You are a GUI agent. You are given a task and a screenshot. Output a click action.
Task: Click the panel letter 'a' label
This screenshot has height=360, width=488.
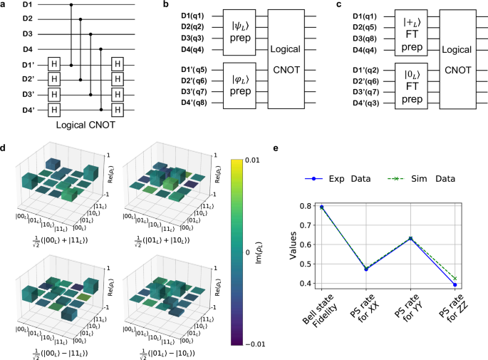click(x=4, y=5)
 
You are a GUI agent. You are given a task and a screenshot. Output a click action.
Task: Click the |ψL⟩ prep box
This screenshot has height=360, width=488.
click(x=246, y=34)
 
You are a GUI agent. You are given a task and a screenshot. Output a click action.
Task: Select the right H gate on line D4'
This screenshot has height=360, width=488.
click(x=118, y=110)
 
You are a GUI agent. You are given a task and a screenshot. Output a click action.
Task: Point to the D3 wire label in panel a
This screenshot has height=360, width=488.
click(x=8, y=34)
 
